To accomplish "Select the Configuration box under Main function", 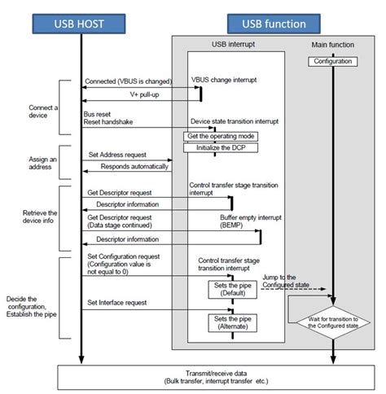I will (x=333, y=62).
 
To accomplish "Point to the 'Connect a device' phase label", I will (x=20, y=112).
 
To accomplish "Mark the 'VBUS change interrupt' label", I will (x=224, y=81).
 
